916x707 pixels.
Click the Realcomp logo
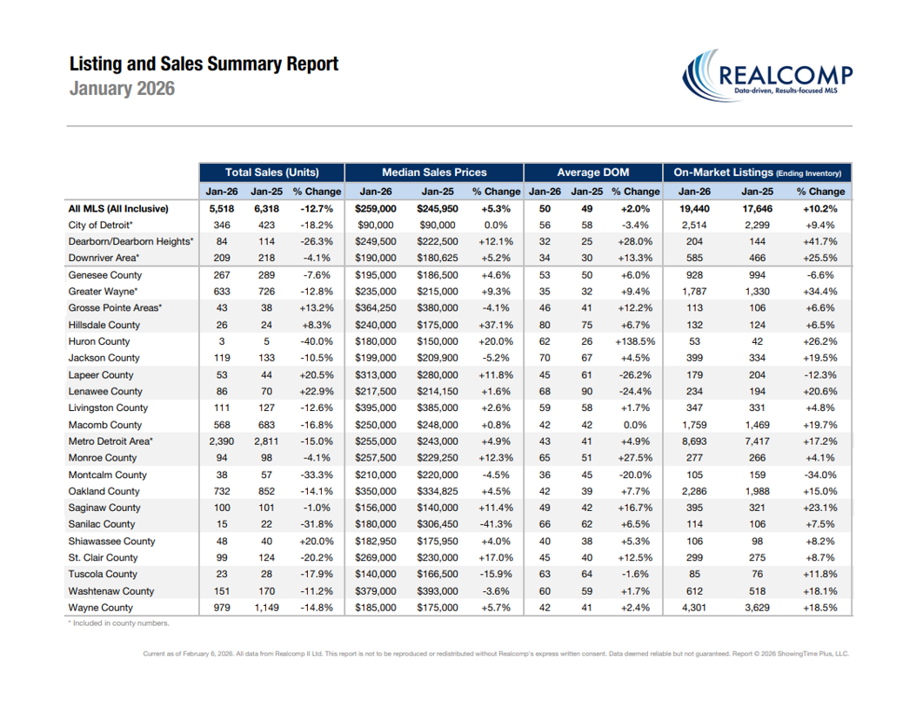pyautogui.click(x=767, y=77)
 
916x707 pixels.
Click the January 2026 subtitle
pyautogui.click(x=122, y=89)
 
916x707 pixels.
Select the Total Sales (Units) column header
pyautogui.click(x=271, y=172)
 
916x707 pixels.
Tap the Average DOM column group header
pyautogui.click(x=593, y=172)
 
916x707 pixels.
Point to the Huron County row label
pyautogui.click(x=99, y=341)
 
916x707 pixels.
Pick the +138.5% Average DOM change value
pyautogui.click(x=635, y=341)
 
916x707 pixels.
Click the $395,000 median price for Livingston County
pyautogui.click(x=376, y=407)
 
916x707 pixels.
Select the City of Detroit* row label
pyautogui.click(x=101, y=225)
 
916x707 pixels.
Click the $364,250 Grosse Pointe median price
pyautogui.click(x=376, y=308)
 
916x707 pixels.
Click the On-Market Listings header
pyautogui.click(x=758, y=172)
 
